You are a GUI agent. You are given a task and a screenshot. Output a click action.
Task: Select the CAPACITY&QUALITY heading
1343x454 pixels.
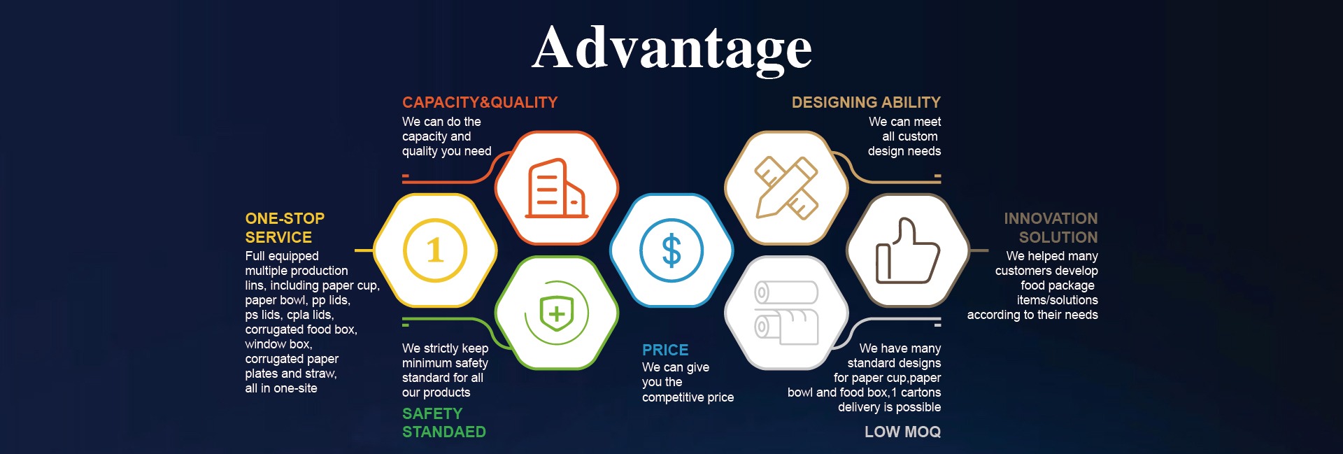point(480,102)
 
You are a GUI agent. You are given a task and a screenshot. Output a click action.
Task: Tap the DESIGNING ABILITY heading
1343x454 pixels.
point(866,102)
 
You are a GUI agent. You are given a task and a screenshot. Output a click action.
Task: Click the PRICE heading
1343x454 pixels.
point(665,350)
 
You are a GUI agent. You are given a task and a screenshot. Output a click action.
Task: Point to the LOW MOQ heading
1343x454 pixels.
point(902,432)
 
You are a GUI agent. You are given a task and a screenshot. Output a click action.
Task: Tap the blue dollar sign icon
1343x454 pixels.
point(671,250)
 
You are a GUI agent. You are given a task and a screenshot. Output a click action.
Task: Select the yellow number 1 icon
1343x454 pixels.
point(435,250)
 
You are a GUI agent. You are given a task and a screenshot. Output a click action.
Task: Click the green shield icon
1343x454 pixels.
point(557,313)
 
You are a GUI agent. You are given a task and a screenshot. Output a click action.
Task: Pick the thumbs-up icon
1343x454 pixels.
point(908,250)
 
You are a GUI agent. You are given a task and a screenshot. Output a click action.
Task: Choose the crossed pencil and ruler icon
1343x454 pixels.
point(787,187)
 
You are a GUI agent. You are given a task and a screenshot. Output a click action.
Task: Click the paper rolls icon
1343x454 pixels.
point(786,313)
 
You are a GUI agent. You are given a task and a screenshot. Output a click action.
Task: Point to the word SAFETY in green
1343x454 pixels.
point(432,413)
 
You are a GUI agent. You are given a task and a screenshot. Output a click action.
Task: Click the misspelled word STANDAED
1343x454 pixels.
point(444,432)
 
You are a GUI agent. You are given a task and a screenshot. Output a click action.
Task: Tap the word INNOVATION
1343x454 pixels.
point(1051,218)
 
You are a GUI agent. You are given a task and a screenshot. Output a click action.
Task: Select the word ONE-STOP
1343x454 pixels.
point(285,218)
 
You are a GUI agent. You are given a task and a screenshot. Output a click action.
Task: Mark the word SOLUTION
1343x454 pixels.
point(1058,237)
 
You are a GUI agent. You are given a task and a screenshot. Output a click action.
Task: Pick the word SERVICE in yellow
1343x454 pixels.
point(278,237)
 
